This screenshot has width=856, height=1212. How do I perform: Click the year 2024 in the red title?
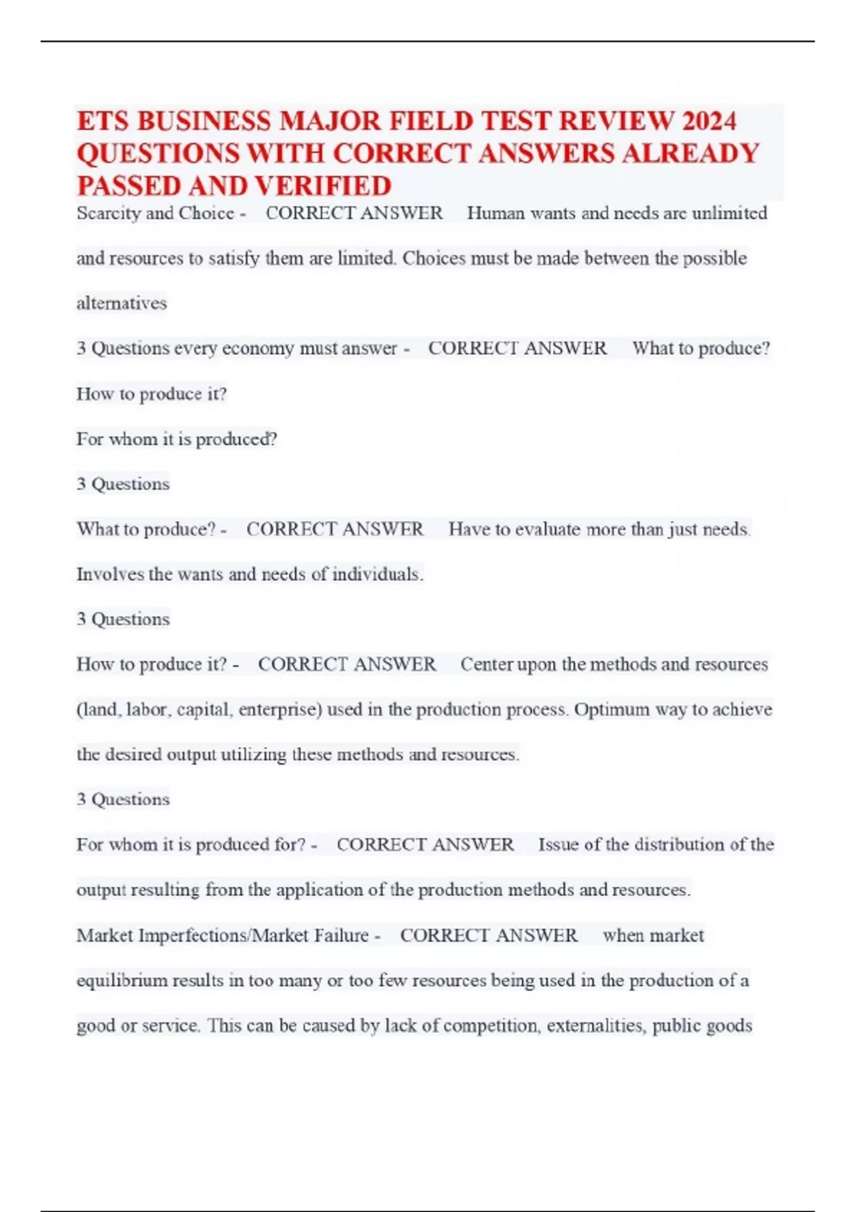708,121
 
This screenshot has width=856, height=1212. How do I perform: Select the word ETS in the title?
103,121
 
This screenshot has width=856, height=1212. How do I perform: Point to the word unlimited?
729,213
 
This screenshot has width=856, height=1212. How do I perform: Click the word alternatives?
121,303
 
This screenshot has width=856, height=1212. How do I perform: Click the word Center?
486,664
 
